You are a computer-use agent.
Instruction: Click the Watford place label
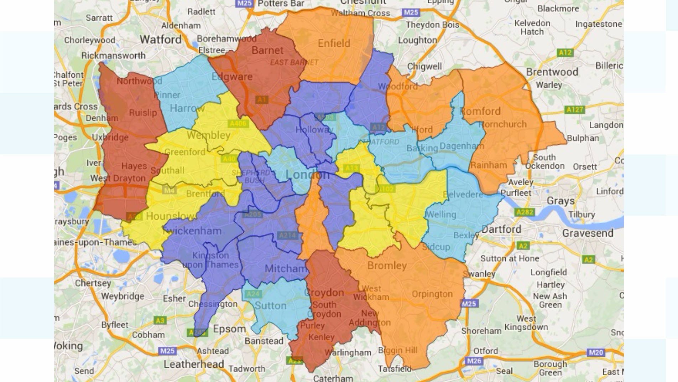tap(161, 39)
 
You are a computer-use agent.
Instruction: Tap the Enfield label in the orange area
tap(334, 43)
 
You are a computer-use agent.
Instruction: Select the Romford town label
tap(480, 111)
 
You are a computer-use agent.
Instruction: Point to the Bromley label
tap(387, 265)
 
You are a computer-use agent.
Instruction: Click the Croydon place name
tap(324, 293)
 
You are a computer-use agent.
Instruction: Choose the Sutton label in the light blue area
tap(271, 306)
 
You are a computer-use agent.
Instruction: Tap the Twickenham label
tap(192, 231)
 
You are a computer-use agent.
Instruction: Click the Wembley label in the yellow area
tap(208, 135)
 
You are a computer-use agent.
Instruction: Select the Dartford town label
tap(501, 229)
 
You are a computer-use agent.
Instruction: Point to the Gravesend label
tap(588, 233)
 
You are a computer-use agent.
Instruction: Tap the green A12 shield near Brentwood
tap(565, 53)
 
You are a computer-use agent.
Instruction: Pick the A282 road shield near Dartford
tap(525, 212)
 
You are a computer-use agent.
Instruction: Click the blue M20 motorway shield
tap(596, 352)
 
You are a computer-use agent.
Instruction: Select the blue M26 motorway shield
tap(474, 361)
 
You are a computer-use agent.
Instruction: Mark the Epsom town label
tap(229, 329)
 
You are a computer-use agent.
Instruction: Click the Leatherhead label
tap(194, 364)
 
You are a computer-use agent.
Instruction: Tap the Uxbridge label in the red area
tap(110, 137)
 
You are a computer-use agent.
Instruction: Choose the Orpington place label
tap(432, 294)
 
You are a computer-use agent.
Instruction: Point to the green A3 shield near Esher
tap(160, 320)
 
